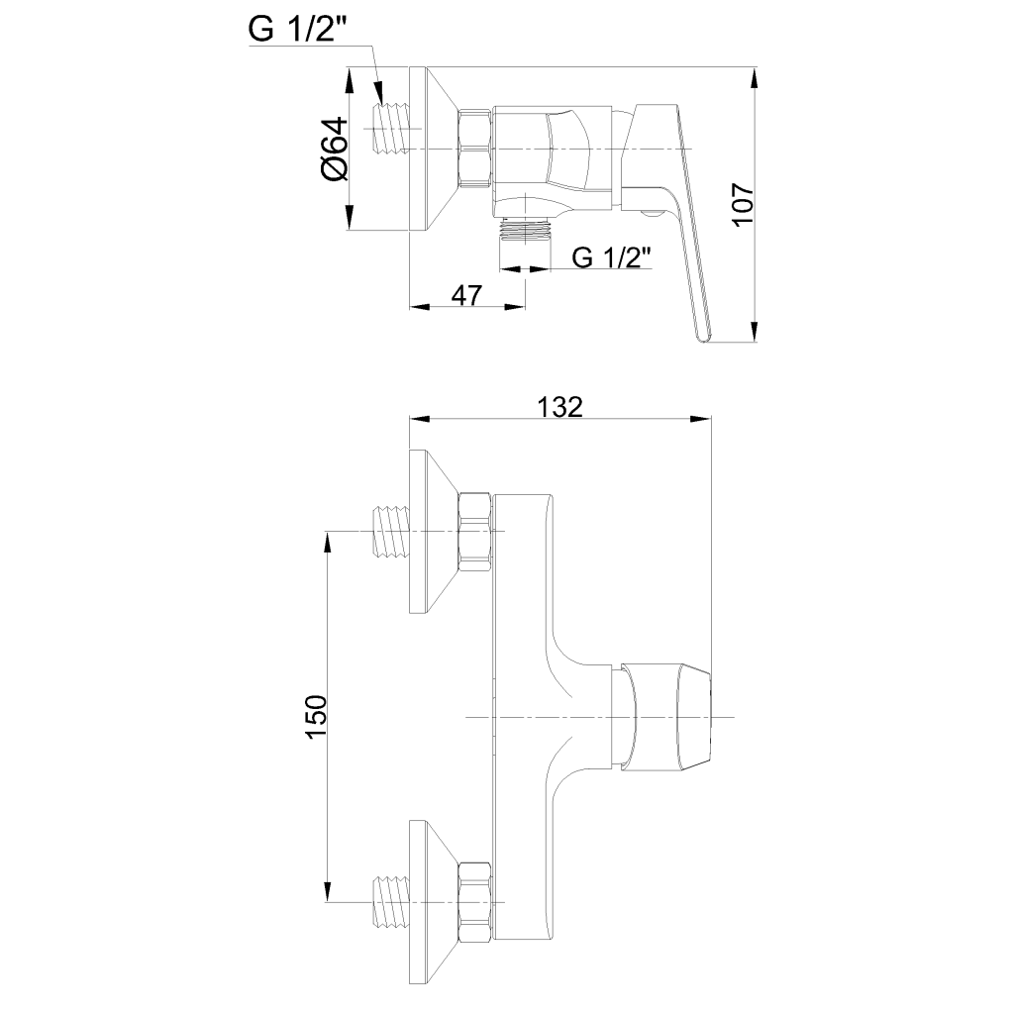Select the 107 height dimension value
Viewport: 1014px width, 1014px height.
click(743, 204)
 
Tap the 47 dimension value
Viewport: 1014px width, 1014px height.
click(467, 294)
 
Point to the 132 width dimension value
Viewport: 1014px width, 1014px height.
click(560, 406)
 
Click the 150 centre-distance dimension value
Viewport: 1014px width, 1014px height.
click(317, 717)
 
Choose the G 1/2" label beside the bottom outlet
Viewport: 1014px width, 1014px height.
click(611, 257)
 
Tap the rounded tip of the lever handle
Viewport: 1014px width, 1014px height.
click(704, 334)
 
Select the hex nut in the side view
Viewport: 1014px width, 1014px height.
click(475, 149)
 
